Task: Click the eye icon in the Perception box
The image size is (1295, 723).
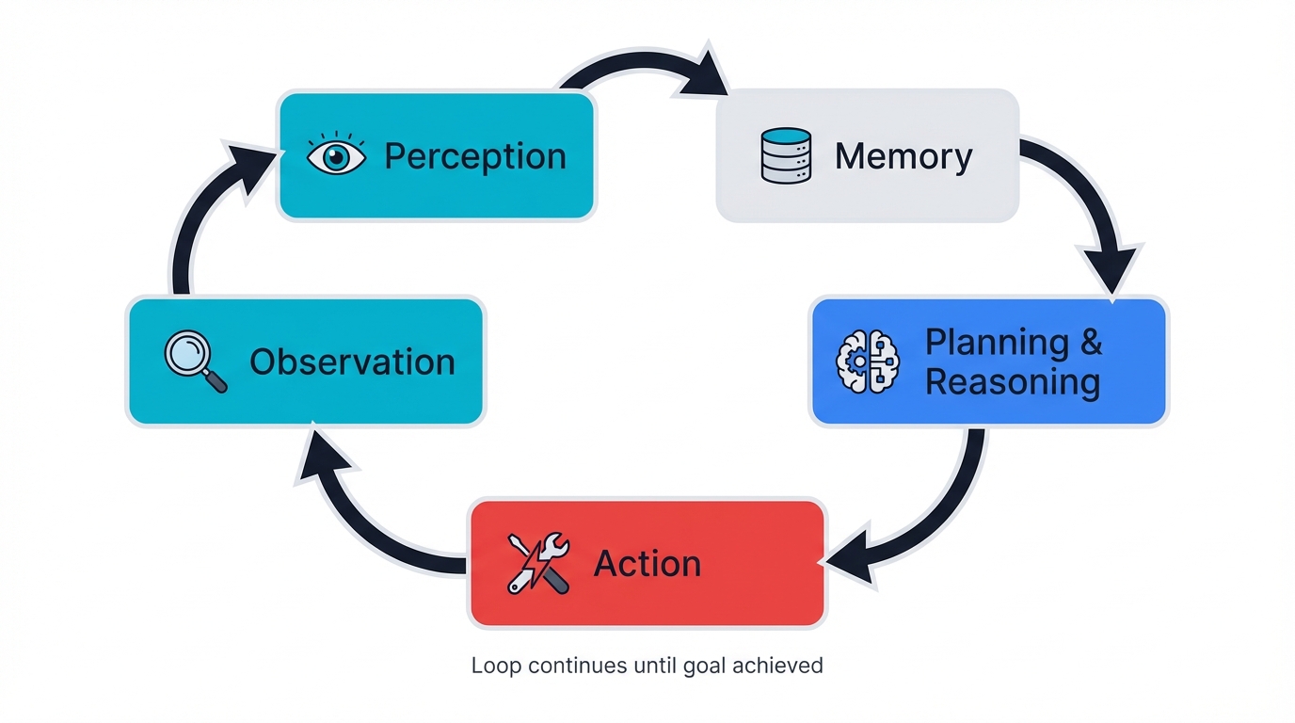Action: [x=336, y=156]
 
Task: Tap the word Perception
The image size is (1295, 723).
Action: [x=475, y=156]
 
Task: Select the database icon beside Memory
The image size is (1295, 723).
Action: [x=785, y=155]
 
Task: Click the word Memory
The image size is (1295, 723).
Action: [x=903, y=156]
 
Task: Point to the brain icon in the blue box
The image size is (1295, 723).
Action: [x=867, y=362]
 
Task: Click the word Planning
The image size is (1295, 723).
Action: [x=997, y=343]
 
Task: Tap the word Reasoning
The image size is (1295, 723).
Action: [x=1013, y=383]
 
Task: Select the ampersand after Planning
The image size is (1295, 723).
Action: [x=1091, y=343]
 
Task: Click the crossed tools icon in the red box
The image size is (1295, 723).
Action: [x=538, y=563]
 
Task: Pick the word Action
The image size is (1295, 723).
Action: [x=647, y=564]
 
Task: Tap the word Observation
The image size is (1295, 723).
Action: [x=352, y=362]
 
